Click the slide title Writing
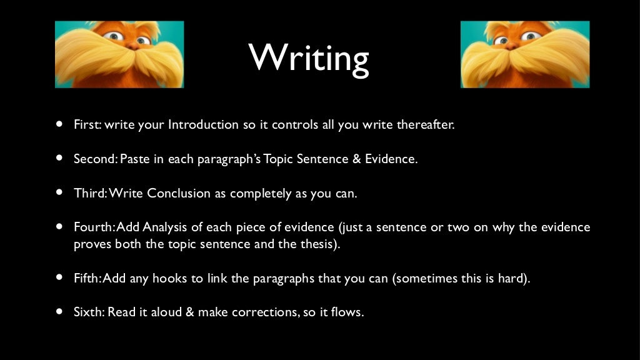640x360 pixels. [x=309, y=57]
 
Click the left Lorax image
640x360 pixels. [x=119, y=54]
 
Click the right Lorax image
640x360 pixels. [x=525, y=54]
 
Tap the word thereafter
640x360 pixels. [x=425, y=124]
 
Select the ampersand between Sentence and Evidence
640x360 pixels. [x=357, y=159]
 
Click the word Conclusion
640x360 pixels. [x=179, y=193]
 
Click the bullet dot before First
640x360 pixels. [x=59, y=124]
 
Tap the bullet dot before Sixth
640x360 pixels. [x=59, y=312]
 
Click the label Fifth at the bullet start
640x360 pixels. [x=87, y=278]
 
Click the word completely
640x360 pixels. [x=260, y=193]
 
